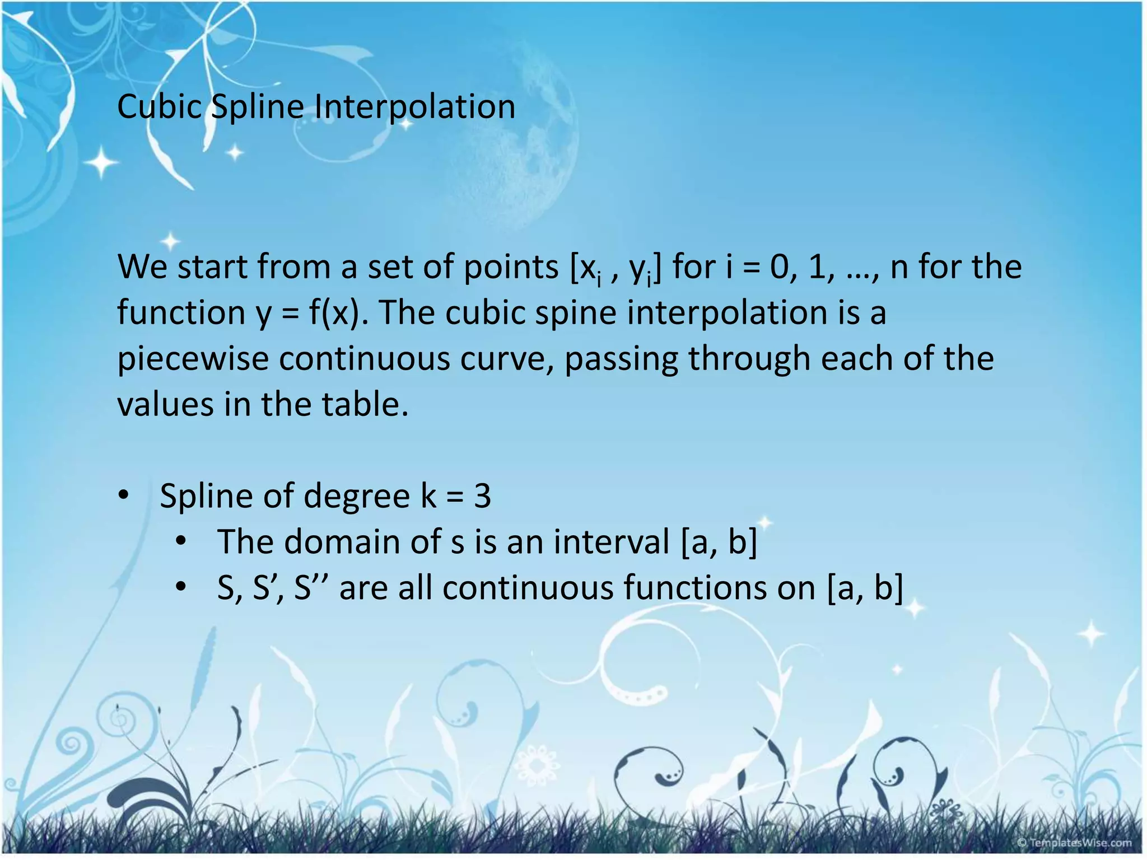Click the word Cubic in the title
click(x=159, y=106)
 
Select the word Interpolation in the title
click(x=414, y=106)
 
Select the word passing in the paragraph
click(x=621, y=359)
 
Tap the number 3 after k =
click(x=482, y=496)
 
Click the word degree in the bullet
click(x=356, y=496)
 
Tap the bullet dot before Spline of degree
click(x=124, y=495)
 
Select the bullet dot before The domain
click(x=180, y=541)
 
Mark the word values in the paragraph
click(x=165, y=404)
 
